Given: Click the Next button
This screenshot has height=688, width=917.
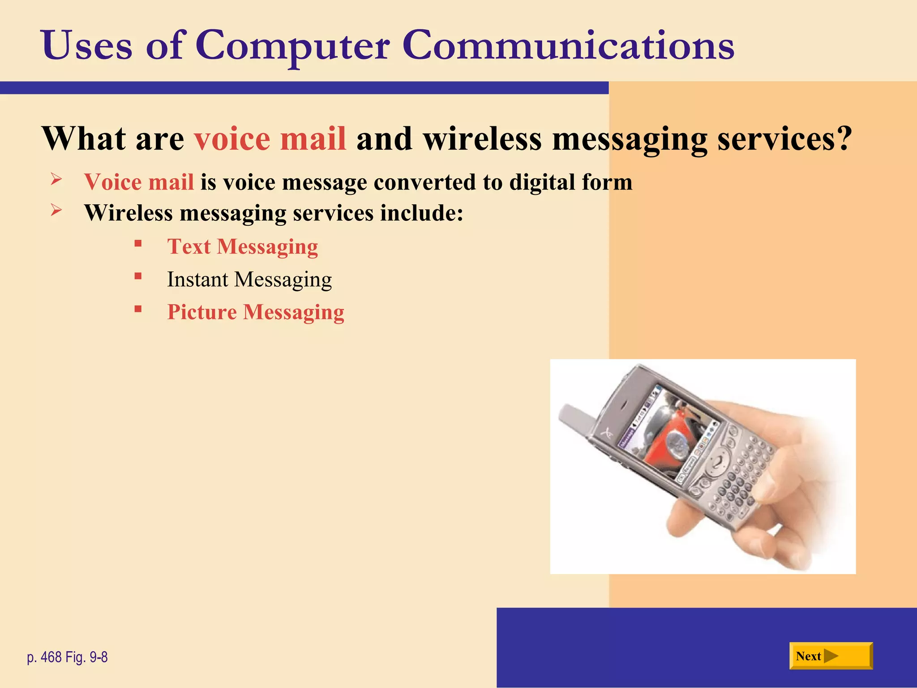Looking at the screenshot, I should (831, 656).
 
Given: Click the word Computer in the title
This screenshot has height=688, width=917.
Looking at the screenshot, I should (292, 46).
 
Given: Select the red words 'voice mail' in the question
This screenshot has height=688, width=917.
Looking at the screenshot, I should (270, 138).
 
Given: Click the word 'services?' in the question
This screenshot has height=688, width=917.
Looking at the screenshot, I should (784, 138).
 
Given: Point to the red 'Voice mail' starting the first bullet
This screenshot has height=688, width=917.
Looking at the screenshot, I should (139, 182).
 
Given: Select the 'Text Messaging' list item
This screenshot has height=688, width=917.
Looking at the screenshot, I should (242, 247).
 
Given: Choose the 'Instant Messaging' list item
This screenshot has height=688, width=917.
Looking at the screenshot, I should (249, 279).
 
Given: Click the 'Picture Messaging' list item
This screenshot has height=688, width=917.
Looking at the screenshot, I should (256, 312).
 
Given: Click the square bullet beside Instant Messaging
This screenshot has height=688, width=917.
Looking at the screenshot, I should (138, 276).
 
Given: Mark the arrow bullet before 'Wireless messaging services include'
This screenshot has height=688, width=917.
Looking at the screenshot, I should (56, 210).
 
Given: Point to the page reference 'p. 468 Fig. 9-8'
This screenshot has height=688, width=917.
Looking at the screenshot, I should (67, 657).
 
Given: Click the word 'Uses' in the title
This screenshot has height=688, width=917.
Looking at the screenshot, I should (87, 46).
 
